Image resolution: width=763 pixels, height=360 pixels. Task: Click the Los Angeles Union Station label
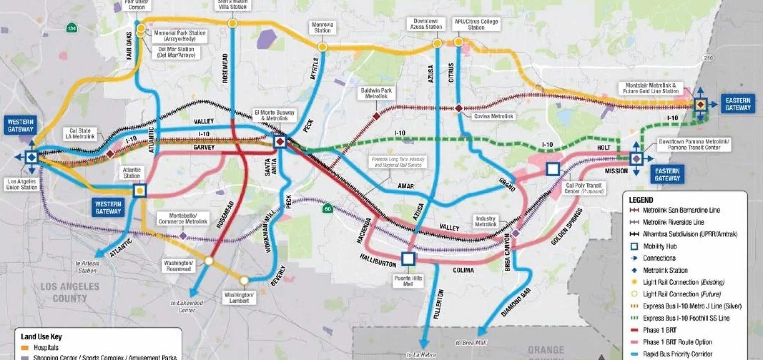pos(22,184)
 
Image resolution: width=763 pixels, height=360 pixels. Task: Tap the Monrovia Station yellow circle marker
pos(322,47)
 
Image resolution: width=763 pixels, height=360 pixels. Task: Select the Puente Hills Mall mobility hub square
pos(408,259)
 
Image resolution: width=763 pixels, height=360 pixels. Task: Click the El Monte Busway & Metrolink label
pos(274,115)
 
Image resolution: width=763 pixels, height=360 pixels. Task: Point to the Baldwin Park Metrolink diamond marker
pos(376,116)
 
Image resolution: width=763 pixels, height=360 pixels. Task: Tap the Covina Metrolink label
pos(493,116)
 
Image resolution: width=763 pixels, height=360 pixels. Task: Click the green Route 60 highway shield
pos(328,209)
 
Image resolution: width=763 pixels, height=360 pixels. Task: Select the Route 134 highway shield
pos(71,28)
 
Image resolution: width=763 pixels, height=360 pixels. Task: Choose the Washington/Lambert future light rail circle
pos(244,280)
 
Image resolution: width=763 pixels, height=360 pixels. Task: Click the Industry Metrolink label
pos(485,221)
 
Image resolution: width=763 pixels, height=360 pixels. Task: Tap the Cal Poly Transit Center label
pos(583,188)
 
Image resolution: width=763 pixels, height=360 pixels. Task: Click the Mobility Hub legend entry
pos(660,247)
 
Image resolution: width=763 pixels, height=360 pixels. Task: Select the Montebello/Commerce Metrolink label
pos(183,219)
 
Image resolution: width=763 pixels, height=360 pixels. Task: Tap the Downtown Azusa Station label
pos(426,24)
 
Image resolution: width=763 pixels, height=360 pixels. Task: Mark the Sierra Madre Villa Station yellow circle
pos(233,23)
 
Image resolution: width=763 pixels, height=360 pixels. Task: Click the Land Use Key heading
pos(41,337)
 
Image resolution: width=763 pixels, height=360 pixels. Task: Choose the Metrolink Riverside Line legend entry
pos(673,222)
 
